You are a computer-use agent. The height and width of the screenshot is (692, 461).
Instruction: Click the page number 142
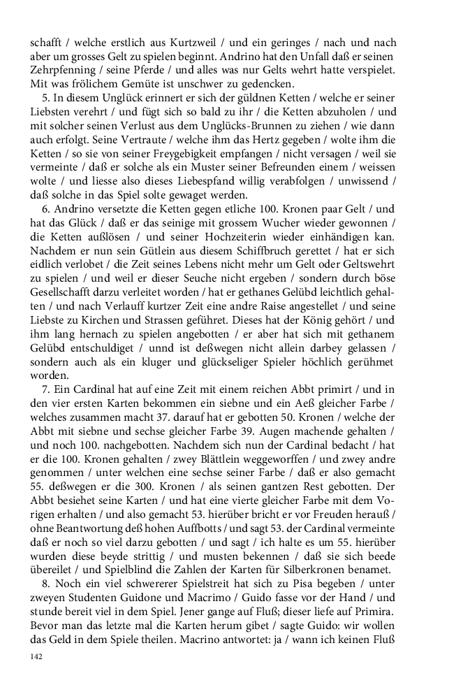pos(37,657)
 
